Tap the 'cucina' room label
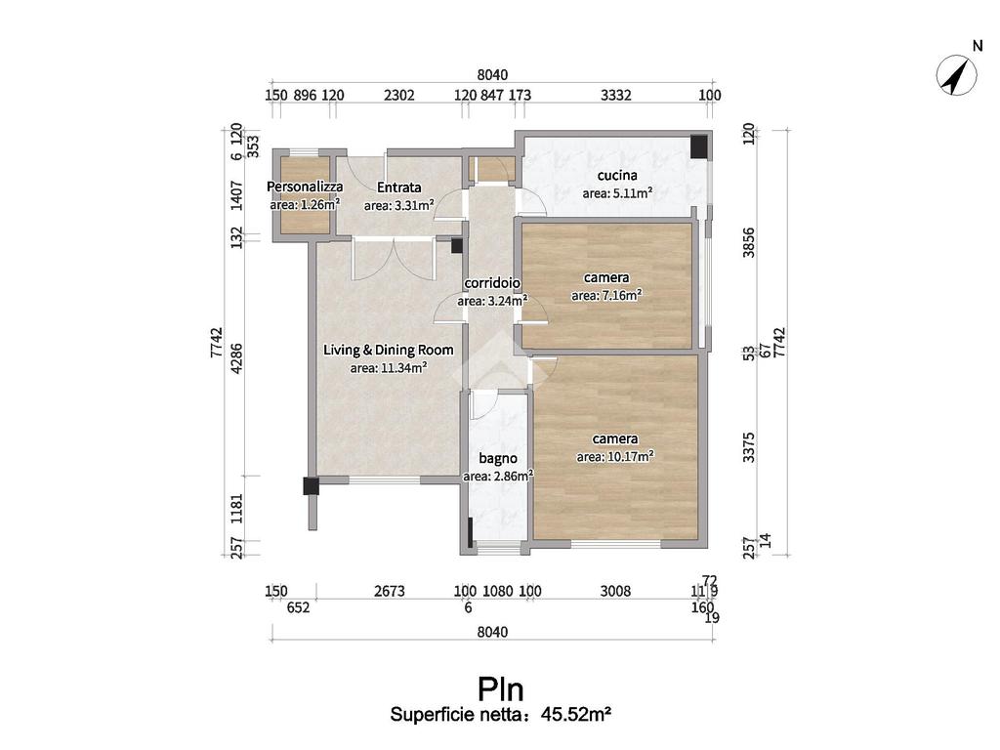point(617,175)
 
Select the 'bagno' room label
point(497,458)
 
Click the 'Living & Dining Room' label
point(388,350)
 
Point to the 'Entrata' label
point(398,187)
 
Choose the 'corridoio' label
point(492,282)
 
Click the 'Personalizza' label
point(305,187)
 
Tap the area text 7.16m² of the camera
point(606,295)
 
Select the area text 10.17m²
point(615,457)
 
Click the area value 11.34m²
point(389,368)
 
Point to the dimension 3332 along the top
point(615,95)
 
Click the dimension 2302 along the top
point(399,95)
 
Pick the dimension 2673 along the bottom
point(389,591)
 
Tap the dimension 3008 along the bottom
point(615,591)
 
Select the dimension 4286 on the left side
point(236,358)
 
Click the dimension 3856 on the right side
point(749,242)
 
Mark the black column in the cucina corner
point(699,146)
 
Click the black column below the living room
point(311,486)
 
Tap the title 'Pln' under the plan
point(501,689)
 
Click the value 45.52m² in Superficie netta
point(576,714)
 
